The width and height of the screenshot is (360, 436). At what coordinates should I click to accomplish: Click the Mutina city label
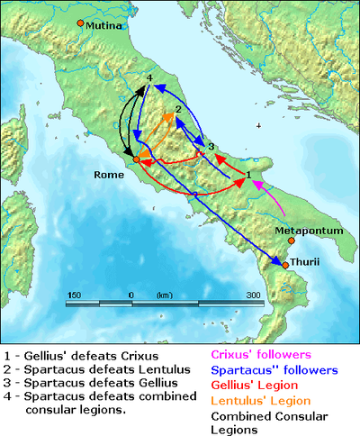[x=102, y=27]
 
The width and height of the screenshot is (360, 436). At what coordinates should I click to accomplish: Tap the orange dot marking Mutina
[x=80, y=23]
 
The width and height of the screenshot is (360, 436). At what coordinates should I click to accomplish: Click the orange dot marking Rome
[x=136, y=159]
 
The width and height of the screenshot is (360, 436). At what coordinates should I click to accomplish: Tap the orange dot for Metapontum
[x=291, y=241]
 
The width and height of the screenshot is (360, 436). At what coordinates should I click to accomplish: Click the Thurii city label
[x=306, y=263]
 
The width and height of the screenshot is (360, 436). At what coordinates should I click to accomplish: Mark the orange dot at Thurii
[x=285, y=265]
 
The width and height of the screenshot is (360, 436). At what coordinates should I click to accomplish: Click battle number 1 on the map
[x=248, y=173]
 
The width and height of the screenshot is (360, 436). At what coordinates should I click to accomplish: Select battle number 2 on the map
[x=178, y=109]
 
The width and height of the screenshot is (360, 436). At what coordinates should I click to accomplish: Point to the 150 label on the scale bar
[x=75, y=295]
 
